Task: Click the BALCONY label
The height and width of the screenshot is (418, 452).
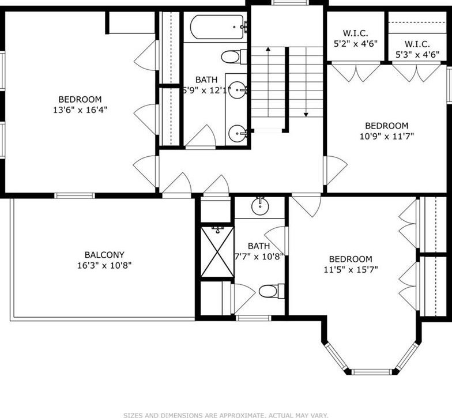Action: tap(104, 255)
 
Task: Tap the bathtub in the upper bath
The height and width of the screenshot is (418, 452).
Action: tap(217, 27)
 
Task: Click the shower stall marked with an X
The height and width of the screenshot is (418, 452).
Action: tap(218, 251)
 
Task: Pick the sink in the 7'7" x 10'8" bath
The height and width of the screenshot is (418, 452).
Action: tap(261, 206)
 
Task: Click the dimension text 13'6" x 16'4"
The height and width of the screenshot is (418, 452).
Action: tap(80, 110)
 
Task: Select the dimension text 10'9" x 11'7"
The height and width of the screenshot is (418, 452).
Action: tap(387, 136)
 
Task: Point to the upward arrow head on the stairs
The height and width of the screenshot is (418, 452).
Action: tap(268, 49)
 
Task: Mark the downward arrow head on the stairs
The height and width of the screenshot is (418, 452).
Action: tap(306, 115)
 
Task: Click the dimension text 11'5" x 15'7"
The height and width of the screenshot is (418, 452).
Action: tap(351, 270)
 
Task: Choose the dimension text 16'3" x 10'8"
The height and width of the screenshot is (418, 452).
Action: tap(104, 265)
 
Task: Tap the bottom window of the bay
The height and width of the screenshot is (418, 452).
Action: tap(372, 371)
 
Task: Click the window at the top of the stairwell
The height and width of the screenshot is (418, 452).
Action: tap(291, 2)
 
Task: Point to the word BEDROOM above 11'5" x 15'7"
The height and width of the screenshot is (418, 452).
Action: tap(351, 259)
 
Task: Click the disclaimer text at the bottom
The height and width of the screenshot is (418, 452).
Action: tap(226, 415)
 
